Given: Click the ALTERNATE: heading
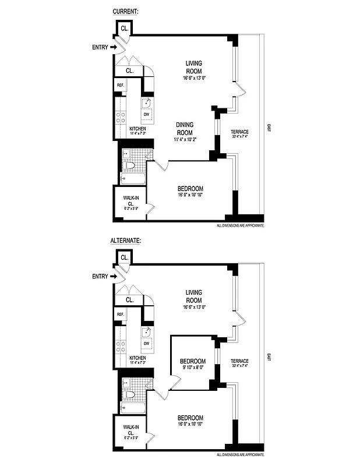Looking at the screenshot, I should click(126, 239).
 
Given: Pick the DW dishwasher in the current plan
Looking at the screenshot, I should click(147, 114).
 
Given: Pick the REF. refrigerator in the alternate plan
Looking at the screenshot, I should click(121, 315).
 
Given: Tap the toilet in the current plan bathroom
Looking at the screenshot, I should click(131, 167).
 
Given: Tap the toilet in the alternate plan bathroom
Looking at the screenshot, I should click(131, 396).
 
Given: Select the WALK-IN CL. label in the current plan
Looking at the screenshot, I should click(130, 203).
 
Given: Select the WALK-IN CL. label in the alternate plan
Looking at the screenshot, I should click(130, 432).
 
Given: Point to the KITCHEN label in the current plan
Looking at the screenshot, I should click(137, 131).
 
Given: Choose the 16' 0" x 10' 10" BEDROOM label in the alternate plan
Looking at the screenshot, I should click(190, 421).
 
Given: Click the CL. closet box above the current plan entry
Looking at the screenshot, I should click(125, 28).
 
